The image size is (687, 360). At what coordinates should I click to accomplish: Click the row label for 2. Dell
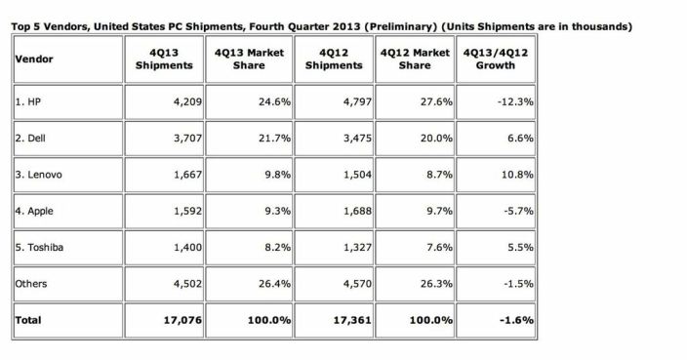click(x=31, y=139)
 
